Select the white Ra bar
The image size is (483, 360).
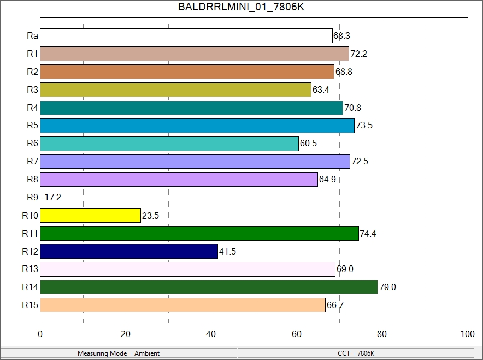click(x=186, y=36)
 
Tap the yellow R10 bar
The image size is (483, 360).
click(x=90, y=215)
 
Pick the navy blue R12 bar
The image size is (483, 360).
click(x=129, y=251)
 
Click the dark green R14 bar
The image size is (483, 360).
click(x=209, y=287)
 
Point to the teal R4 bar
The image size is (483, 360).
click(x=191, y=108)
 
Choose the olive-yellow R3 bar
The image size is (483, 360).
click(x=175, y=90)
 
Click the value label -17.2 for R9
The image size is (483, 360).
click(x=51, y=198)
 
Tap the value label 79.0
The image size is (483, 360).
click(x=387, y=287)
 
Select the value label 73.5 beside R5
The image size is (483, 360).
click(x=364, y=126)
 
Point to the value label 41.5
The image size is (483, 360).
click(x=227, y=252)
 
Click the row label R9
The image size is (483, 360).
click(x=32, y=197)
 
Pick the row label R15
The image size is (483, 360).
click(x=30, y=305)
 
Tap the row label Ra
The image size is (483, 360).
click(x=32, y=36)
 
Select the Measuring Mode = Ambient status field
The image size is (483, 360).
click(x=119, y=353)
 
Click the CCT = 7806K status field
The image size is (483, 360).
click(x=356, y=353)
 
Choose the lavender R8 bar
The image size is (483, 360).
click(x=179, y=179)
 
